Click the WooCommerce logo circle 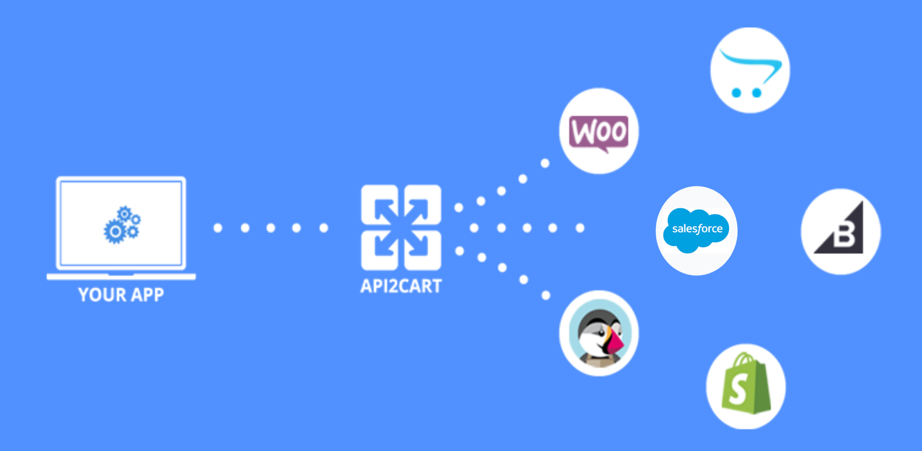pyautogui.click(x=599, y=131)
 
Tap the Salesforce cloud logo pyautogui.click(x=697, y=230)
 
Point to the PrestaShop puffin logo pyautogui.click(x=599, y=333)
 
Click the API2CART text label pyautogui.click(x=401, y=286)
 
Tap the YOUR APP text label pyautogui.click(x=121, y=295)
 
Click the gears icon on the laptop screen pyautogui.click(x=122, y=225)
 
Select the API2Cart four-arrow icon pyautogui.click(x=401, y=227)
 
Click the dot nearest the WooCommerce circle pyautogui.click(x=545, y=163)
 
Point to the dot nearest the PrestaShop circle pyautogui.click(x=546, y=295)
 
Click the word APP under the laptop pyautogui.click(x=148, y=295)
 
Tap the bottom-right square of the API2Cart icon pyautogui.click(x=423, y=250)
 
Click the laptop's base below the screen pyautogui.click(x=121, y=277)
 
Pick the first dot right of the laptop pyautogui.click(x=218, y=228)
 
